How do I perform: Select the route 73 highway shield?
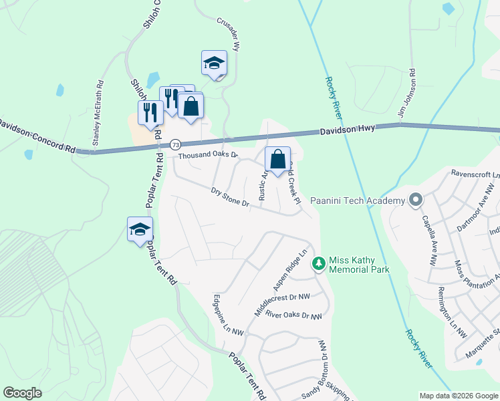pyautogui.click(x=175, y=144)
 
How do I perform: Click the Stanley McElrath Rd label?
pyautogui.click(x=98, y=113)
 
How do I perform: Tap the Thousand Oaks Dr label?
pyautogui.click(x=208, y=156)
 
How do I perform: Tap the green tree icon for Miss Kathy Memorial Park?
pyautogui.click(x=319, y=263)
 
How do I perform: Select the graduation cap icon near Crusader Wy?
pyautogui.click(x=215, y=63)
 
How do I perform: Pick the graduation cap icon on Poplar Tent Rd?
pyautogui.click(x=140, y=229)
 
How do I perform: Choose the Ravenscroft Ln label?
pyautogui.click(x=475, y=172)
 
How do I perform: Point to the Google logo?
pyautogui.click(x=22, y=393)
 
